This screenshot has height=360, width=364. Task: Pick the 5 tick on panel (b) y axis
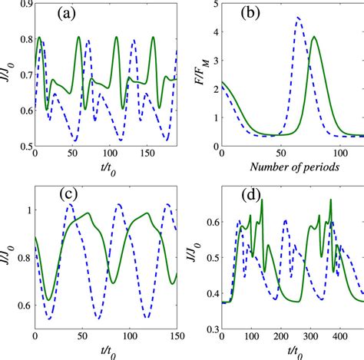pyautogui.click(x=213, y=5)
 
